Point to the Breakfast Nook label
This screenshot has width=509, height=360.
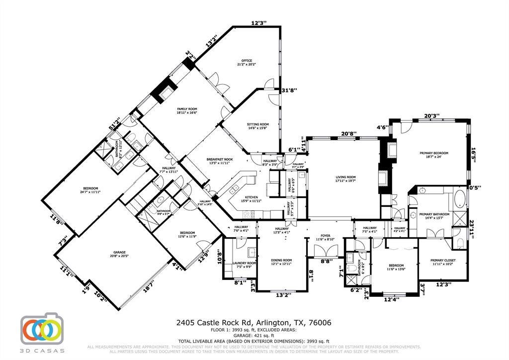pyautogui.click(x=220, y=161)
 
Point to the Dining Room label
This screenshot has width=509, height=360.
pyautogui.click(x=281, y=262)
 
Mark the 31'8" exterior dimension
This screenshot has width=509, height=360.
pyautogui.click(x=289, y=90)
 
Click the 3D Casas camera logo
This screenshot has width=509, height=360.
pyautogui.click(x=42, y=329)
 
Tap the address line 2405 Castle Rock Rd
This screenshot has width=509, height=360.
pyautogui.click(x=254, y=323)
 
